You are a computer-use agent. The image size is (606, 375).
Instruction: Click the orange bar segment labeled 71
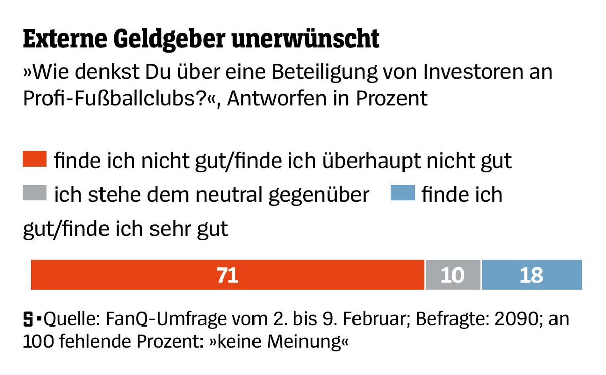(227, 275)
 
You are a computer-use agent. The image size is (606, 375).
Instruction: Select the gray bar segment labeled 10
(452, 275)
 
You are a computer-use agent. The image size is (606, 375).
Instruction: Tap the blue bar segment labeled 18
(531, 275)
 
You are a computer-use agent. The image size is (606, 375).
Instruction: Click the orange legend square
(35, 159)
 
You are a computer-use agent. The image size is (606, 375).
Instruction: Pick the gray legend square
(35, 193)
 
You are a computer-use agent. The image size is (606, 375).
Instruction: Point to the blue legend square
(402, 193)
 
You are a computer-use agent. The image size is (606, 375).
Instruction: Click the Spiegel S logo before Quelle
(29, 319)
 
